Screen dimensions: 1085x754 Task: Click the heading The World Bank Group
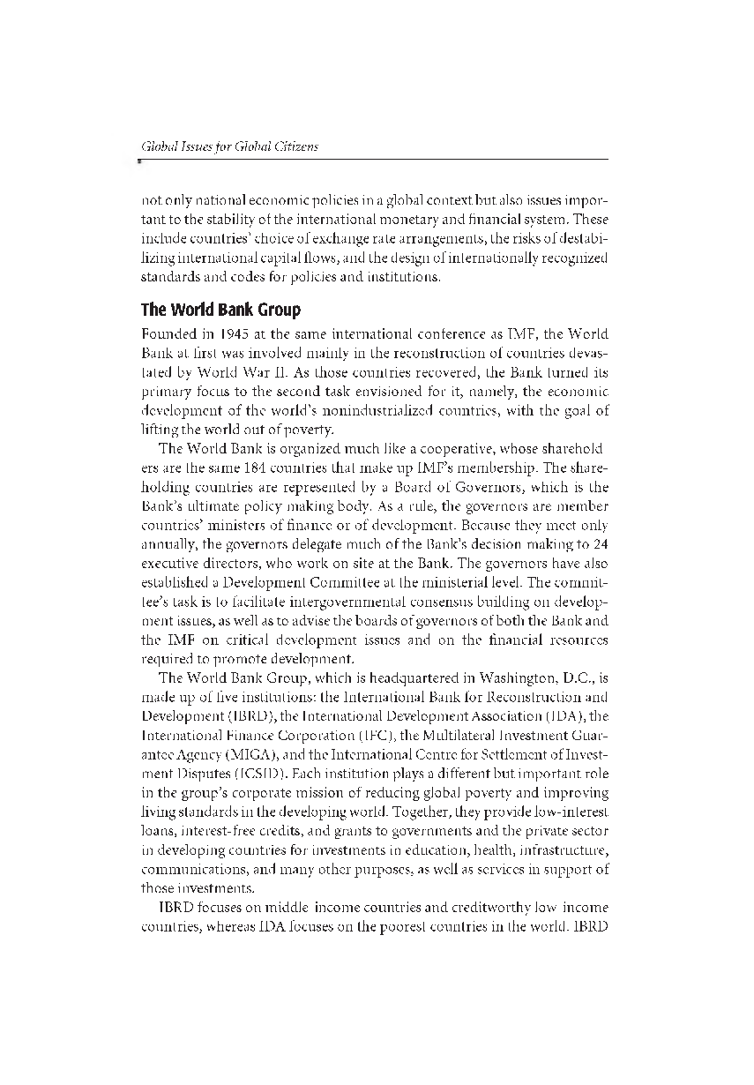pos(220,310)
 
